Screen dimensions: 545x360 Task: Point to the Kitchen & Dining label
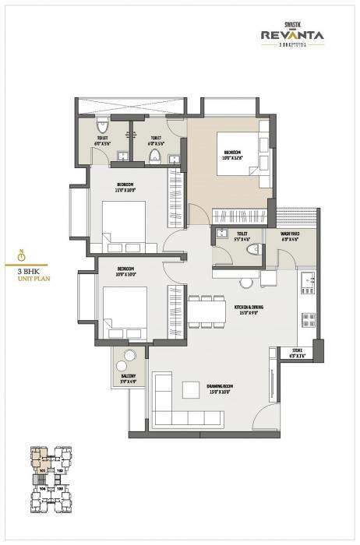coord(249,308)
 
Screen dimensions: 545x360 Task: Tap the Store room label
coord(298,351)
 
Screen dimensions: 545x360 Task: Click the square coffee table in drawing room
coord(189,389)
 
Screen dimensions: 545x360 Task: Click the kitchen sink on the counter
coord(307,280)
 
